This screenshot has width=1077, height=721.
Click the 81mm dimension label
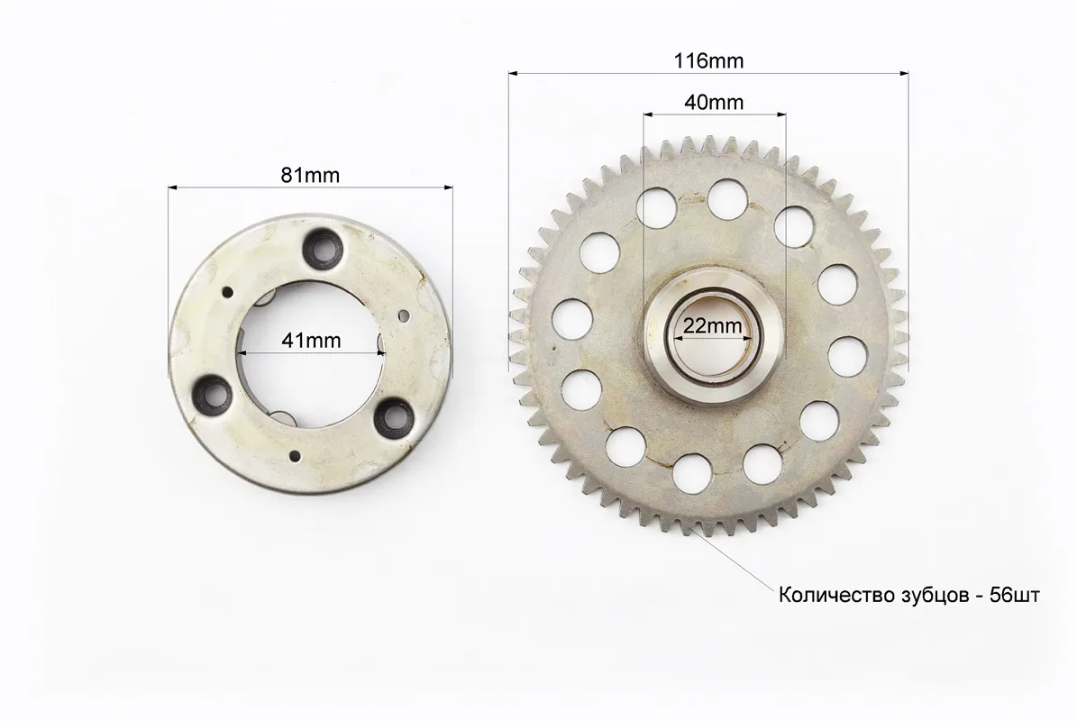[x=310, y=176]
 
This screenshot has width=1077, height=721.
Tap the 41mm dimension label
[x=311, y=340]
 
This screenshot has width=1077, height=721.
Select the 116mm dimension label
[x=709, y=61]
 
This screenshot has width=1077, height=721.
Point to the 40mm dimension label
[x=714, y=103]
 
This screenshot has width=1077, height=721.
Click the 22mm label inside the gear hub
[x=712, y=325]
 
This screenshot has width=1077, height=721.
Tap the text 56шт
[x=1015, y=595]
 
